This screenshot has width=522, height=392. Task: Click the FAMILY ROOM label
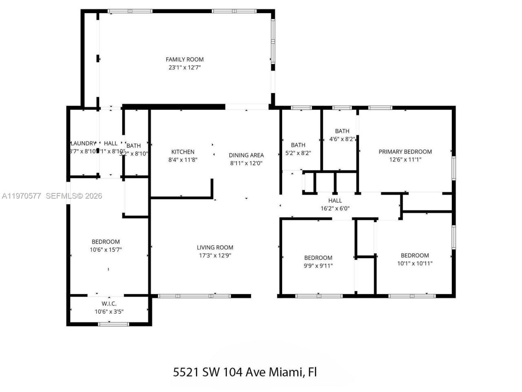(184, 60)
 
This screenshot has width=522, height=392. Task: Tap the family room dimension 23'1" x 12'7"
(184, 68)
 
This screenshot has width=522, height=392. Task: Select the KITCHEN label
(183, 152)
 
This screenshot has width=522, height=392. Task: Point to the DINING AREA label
(246, 155)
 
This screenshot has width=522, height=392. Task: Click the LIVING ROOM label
(215, 247)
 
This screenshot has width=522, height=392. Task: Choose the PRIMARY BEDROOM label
(405, 152)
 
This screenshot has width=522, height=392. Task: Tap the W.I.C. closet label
(109, 304)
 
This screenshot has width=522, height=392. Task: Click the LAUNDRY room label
(84, 143)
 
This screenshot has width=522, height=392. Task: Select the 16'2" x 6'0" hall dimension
(335, 208)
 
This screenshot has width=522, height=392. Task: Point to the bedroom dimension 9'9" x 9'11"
(318, 266)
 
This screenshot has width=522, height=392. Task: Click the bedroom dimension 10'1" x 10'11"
(415, 263)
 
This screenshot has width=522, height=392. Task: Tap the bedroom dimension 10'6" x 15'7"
(106, 249)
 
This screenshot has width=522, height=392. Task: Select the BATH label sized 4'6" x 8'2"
(342, 131)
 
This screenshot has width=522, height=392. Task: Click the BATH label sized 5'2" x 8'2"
(298, 145)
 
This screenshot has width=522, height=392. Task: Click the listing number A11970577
(21, 196)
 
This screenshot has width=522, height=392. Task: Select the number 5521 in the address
(186, 372)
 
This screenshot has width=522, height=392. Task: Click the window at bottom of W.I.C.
(113, 324)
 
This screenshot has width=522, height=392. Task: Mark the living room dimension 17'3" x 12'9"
(215, 256)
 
